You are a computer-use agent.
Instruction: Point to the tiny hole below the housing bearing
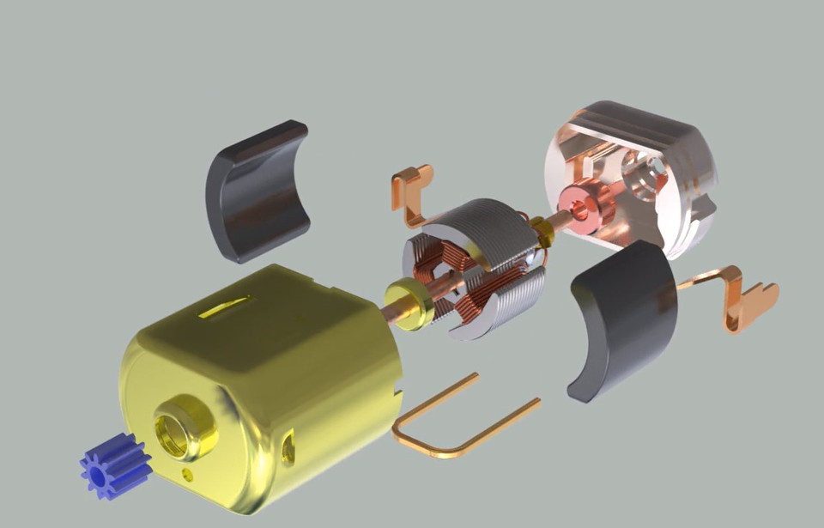tap(188, 473)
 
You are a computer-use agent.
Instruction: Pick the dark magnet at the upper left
tap(257, 191)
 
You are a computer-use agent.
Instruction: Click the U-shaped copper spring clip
tap(455, 425)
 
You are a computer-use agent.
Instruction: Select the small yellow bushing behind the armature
tap(542, 230)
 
